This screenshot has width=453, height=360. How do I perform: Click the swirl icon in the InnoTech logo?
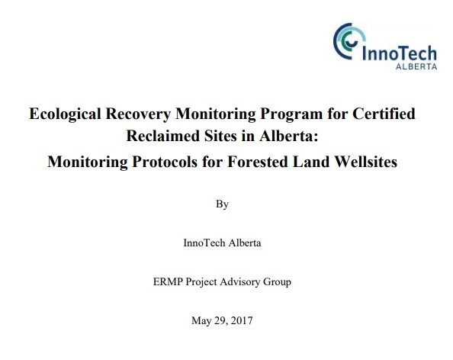tap(348, 39)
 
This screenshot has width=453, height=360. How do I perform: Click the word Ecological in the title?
tap(63, 115)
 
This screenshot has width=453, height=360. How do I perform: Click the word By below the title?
tap(222, 204)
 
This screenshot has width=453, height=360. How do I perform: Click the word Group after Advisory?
tap(278, 281)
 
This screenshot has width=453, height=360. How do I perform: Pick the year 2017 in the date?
tap(240, 320)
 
